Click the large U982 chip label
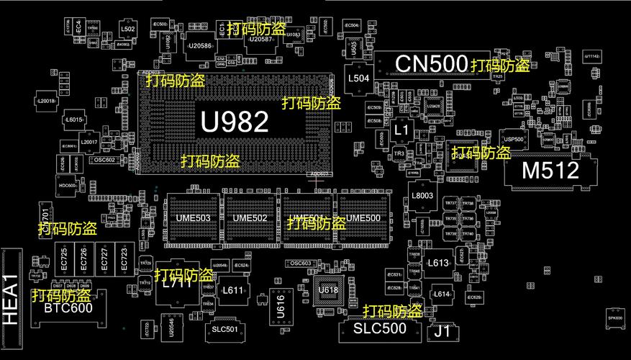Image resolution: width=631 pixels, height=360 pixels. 235,121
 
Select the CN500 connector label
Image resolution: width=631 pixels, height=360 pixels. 431,63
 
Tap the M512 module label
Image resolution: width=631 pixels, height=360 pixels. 550,171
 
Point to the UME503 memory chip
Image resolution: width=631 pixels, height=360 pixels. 193,218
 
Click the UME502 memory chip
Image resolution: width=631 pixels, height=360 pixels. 250,218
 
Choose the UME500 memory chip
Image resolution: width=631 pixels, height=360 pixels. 363,218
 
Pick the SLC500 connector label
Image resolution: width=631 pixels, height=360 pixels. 379,328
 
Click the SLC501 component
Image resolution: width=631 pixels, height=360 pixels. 224,329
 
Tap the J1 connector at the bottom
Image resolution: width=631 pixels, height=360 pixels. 442,332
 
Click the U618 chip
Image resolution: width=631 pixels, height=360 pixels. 328,290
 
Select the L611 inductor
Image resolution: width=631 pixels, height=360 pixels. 232,290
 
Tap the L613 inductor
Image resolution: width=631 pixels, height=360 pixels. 437,263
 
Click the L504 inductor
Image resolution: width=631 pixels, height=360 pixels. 358,78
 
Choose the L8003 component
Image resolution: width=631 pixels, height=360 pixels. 422,196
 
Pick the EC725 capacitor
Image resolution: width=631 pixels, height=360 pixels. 65,257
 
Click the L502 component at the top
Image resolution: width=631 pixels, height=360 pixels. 127,30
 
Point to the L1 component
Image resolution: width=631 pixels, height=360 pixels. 401,130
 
